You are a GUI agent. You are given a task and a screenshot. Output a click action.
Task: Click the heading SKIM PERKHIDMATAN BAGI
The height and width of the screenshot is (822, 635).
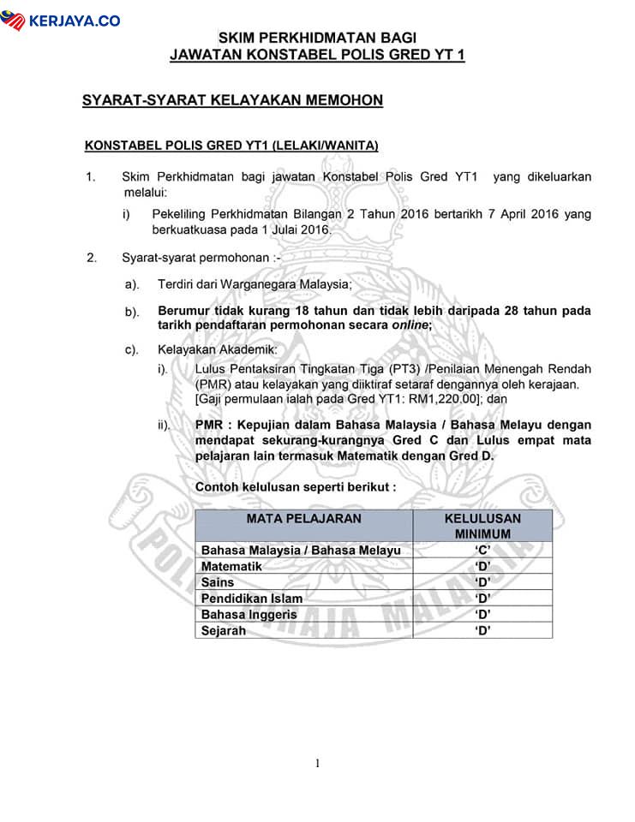coord(317,38)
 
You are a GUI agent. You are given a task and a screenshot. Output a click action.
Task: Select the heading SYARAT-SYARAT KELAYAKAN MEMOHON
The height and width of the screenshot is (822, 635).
coord(232,101)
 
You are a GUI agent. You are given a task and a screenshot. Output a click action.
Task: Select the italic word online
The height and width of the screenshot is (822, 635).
coord(410,325)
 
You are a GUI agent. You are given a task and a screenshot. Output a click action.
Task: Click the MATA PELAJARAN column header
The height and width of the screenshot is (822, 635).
coord(303,519)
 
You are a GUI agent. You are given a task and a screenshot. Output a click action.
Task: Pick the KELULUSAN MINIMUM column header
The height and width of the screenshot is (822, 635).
coord(482,526)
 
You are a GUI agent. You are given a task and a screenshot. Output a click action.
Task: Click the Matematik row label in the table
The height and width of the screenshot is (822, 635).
coord(231,567)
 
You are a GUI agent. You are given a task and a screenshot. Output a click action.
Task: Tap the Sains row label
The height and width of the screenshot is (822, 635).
coord(218,582)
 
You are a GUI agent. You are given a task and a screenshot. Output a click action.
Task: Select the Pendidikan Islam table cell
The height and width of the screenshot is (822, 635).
coord(252,599)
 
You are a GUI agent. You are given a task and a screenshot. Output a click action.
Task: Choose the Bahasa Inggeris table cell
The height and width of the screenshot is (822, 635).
coord(249,615)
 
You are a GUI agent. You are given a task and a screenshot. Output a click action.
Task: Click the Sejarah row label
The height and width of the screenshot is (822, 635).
coord(223,630)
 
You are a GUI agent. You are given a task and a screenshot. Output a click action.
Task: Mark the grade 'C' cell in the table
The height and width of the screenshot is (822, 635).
coord(482,551)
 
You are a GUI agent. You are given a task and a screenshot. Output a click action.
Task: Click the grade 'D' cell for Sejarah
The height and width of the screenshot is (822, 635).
coord(482,630)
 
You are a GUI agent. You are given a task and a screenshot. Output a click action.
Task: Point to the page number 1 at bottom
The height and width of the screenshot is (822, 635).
coord(317,763)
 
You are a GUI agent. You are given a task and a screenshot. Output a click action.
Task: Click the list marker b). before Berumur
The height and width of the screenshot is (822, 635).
coord(132,312)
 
